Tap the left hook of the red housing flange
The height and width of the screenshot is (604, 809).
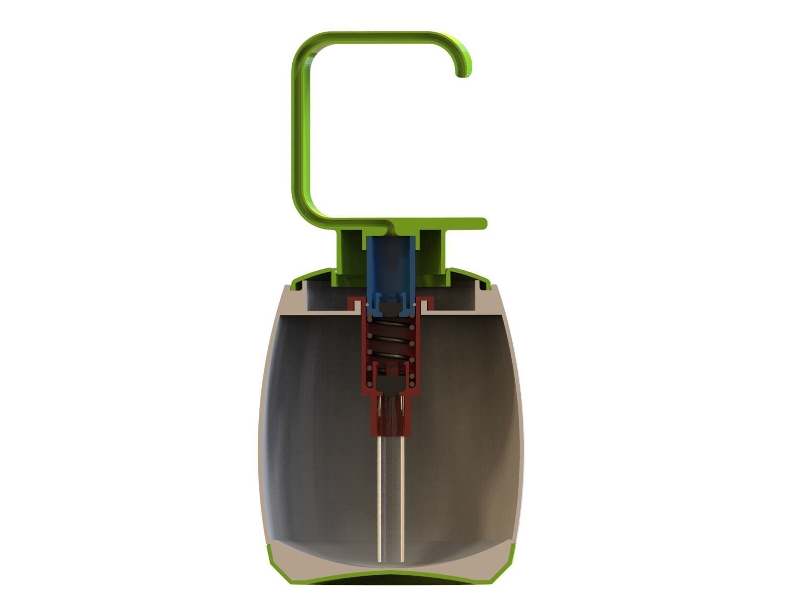click(354, 303)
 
